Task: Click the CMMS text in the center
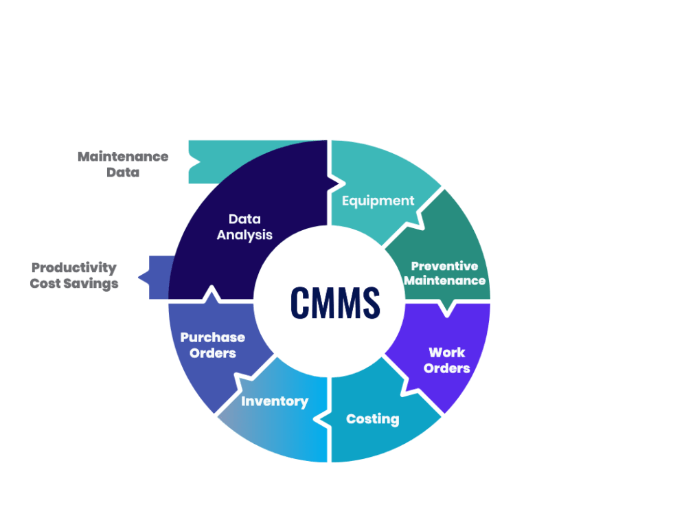point(334,302)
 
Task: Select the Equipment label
point(378,201)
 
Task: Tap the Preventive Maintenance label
point(444,273)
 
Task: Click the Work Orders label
point(446,360)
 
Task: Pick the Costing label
point(372,418)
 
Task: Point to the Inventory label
point(275,401)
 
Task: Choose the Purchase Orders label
point(212,345)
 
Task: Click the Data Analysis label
point(244,227)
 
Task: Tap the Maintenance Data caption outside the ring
point(123,164)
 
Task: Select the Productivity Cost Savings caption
point(75,276)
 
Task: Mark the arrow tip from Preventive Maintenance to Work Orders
point(448,311)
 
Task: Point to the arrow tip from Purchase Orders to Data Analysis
point(211,293)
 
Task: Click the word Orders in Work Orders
point(446,368)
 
